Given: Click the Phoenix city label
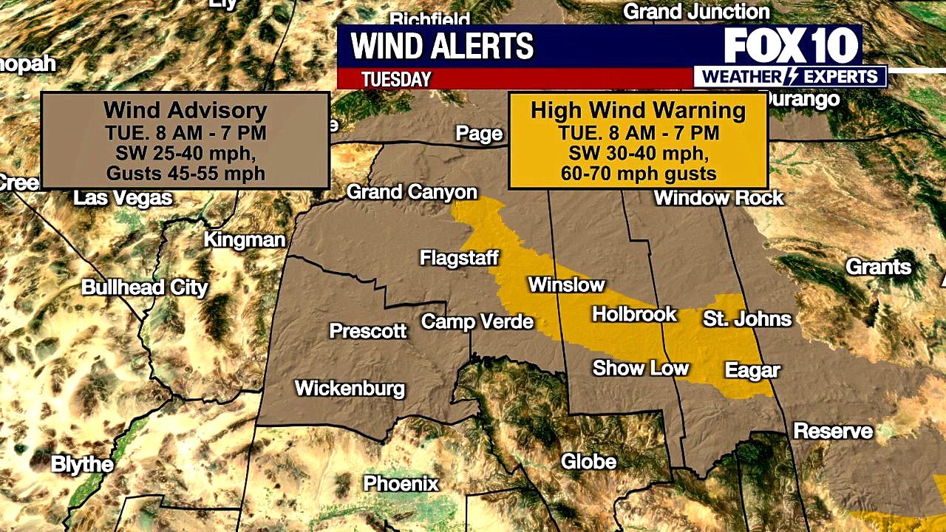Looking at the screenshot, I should [x=401, y=484].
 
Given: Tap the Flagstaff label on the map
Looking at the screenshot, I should [x=459, y=259].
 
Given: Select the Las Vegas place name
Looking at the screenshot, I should [x=123, y=198].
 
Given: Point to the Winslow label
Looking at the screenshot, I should [x=566, y=285].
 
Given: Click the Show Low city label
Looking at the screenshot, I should [x=640, y=368].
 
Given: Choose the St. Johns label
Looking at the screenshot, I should [x=746, y=319].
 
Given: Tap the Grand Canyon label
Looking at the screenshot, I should [x=412, y=193].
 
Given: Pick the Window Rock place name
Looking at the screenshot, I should [x=718, y=198].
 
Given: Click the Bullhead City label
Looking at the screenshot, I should [x=145, y=287].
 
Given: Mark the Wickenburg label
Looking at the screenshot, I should [x=350, y=388].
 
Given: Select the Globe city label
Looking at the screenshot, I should [x=588, y=462].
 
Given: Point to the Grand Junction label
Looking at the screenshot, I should [x=696, y=12].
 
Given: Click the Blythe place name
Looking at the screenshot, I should [x=82, y=465].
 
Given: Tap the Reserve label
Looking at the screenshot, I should [x=833, y=431].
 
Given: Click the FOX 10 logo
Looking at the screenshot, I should [x=791, y=47].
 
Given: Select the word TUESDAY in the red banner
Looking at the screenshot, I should [x=396, y=79].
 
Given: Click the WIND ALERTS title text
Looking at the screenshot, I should [x=442, y=47].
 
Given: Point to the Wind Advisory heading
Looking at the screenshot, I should [x=185, y=110].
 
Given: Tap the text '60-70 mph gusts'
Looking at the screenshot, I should [x=638, y=174].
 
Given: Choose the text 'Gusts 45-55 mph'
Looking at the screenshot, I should [x=185, y=174].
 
